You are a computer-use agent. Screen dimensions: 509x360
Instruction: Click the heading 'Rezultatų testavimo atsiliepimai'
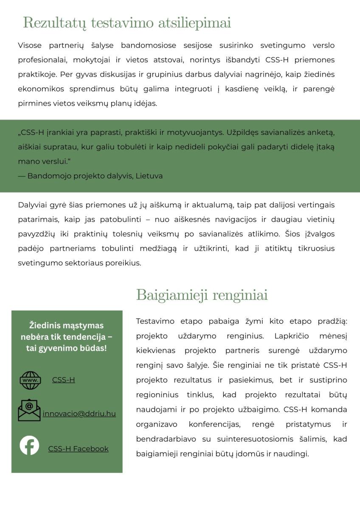(127, 22)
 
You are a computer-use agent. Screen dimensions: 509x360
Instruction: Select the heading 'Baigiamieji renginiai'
(202, 295)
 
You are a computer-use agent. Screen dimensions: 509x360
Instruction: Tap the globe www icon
(30, 380)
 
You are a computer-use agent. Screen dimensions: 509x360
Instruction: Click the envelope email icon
(29, 410)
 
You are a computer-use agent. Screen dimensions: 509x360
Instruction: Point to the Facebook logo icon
(29, 445)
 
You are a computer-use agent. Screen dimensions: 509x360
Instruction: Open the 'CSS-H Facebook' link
(78, 449)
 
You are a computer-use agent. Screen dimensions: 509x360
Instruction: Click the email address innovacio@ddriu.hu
(79, 414)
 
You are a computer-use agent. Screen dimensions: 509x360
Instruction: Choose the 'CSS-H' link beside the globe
(63, 380)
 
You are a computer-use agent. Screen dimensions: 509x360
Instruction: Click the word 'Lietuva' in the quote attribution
(149, 176)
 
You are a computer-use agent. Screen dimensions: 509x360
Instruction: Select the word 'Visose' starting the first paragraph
(29, 45)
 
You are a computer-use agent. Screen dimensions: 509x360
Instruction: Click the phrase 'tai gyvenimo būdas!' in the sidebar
(67, 348)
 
